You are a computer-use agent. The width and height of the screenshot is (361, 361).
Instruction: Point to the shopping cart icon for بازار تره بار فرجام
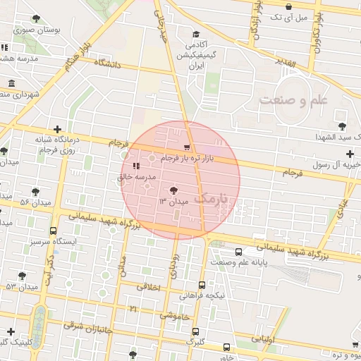point(186,147)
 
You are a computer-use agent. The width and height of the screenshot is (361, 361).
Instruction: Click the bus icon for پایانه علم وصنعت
point(238,252)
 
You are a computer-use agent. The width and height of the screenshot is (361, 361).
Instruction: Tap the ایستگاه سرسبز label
point(54,242)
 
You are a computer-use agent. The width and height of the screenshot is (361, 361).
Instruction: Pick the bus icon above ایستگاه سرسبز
point(54,231)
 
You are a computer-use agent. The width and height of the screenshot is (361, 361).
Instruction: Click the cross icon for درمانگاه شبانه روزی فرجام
point(57,129)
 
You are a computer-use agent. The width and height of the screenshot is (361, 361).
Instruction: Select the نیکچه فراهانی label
point(202,296)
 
